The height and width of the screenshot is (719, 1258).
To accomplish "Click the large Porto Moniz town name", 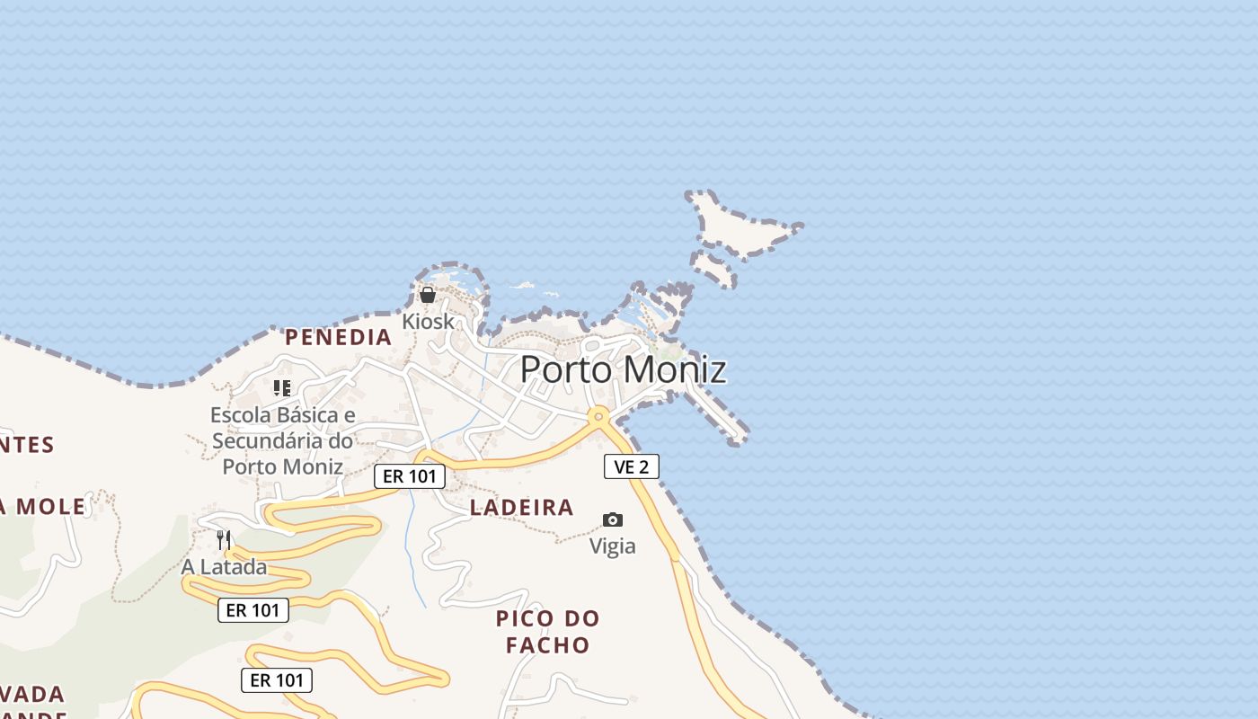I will [623, 369].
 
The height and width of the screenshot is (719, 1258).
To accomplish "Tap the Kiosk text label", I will [428, 321].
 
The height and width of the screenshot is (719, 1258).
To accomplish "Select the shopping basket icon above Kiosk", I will [428, 295].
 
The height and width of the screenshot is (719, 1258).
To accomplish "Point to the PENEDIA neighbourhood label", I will [339, 337].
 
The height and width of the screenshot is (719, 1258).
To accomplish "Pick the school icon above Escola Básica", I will [282, 388].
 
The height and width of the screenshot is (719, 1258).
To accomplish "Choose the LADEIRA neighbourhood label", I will [522, 508].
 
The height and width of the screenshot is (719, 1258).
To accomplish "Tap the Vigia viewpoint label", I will [612, 546].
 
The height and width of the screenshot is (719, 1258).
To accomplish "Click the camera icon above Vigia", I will [613, 519].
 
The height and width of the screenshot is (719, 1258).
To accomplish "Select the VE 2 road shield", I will [631, 466].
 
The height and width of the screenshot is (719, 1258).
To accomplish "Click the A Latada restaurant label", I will [224, 567].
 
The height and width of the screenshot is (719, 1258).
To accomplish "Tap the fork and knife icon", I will [224, 539].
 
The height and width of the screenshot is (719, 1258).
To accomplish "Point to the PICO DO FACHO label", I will [547, 632].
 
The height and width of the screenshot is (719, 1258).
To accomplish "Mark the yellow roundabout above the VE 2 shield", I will [598, 416].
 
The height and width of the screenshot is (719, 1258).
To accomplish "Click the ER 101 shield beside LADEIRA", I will [410, 476].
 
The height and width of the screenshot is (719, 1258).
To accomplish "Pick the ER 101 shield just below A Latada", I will [253, 610].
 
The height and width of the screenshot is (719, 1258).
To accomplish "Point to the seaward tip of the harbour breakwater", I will [737, 439].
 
